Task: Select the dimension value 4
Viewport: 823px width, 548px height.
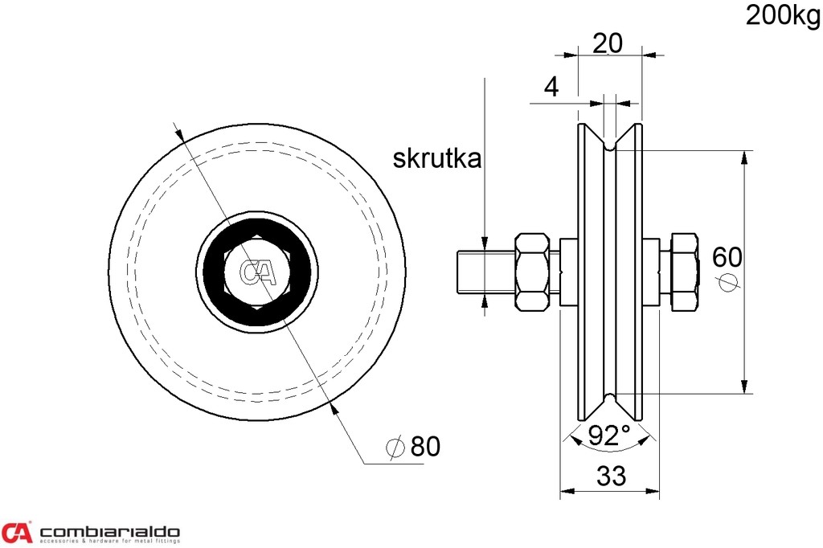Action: [x=551, y=88]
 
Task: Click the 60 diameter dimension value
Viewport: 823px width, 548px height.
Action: [x=727, y=257]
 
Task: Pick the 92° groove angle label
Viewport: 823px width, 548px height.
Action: [x=608, y=436]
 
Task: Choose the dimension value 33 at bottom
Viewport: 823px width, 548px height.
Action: [x=611, y=476]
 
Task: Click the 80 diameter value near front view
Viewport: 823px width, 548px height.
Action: [x=425, y=447]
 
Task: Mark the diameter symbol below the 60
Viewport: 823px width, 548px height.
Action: [x=727, y=283]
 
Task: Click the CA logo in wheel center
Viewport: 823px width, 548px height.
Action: [x=259, y=272]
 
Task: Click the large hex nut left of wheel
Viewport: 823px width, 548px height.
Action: [x=533, y=272]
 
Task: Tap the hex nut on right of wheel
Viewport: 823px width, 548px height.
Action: [x=682, y=272]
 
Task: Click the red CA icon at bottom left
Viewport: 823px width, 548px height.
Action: [x=17, y=532]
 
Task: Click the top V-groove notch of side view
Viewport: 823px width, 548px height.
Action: [x=610, y=147]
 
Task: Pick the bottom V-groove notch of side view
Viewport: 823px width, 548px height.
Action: [x=610, y=396]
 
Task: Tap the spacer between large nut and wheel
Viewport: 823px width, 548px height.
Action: [x=567, y=272]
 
